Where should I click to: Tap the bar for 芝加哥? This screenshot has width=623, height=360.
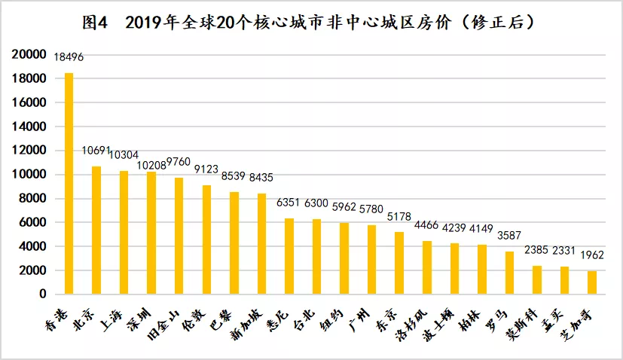592,282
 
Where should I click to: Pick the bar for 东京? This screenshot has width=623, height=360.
399,263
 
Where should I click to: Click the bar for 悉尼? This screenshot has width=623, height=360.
289,256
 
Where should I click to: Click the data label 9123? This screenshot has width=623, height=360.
206,169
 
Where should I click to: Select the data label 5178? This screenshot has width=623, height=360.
400,217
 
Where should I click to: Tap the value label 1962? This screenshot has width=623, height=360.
592,255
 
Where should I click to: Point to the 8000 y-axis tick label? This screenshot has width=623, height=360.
33,199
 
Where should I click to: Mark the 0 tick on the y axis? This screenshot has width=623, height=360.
44,294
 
